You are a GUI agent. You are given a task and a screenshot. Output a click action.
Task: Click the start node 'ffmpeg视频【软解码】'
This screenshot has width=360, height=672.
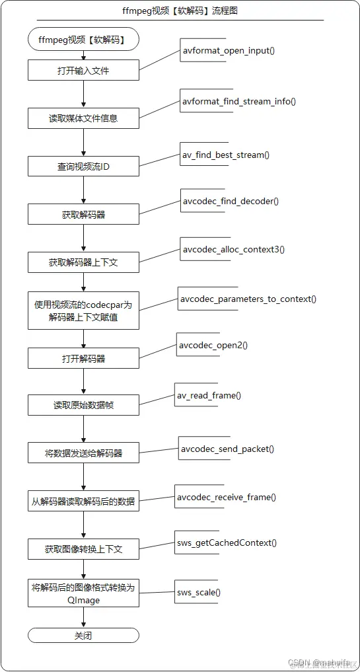pos(83,39)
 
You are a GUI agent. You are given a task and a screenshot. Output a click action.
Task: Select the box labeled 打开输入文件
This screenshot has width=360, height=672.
pos(83,70)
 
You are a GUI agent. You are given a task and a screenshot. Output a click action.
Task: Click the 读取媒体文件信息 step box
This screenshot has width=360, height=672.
pos(83,118)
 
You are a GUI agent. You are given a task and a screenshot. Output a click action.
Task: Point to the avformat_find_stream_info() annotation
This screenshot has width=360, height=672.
pos(238,102)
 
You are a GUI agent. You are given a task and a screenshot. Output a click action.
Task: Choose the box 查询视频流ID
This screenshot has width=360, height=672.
pos(83,167)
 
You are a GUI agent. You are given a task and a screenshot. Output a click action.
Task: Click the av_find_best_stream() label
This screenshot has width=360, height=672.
pos(225,155)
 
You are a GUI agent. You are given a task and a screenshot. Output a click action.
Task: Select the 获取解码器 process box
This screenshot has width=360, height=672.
pos(83,214)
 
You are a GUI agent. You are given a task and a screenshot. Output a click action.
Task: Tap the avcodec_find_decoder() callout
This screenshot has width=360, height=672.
pos(230,201)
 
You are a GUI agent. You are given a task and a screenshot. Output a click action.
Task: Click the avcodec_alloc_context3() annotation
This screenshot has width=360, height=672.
pos(233,250)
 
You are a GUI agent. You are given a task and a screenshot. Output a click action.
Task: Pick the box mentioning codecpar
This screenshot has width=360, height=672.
pos(83,311)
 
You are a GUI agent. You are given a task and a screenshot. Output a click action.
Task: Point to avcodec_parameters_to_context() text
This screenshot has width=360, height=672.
pos(248,299)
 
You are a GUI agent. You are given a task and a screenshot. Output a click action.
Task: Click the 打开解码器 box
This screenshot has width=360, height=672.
pos(83,359)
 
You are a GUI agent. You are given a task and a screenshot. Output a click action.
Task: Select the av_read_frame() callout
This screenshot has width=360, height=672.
pos(208,395)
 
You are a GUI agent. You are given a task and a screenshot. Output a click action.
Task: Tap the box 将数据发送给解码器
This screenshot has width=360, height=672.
pos(83,453)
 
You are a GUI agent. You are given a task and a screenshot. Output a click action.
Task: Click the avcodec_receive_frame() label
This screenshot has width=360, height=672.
pos(226,497)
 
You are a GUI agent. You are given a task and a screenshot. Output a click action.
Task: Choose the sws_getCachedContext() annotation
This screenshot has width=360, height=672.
pos(226,542)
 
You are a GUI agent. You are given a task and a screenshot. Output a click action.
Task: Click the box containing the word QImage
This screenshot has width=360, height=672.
pos(83,593)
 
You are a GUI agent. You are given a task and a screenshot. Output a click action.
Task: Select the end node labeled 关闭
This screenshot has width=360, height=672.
pos(83,635)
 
